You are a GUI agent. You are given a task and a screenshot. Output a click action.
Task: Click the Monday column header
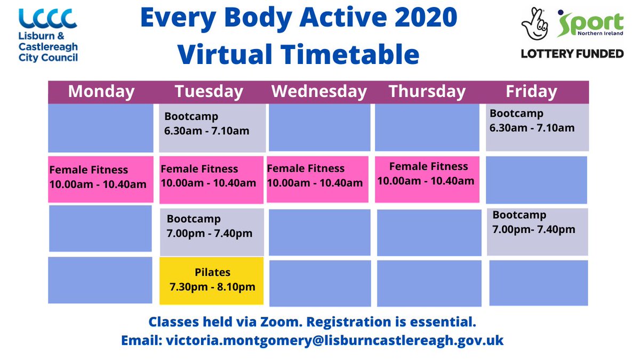(101, 91)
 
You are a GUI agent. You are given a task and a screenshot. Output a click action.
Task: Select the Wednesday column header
(319, 91)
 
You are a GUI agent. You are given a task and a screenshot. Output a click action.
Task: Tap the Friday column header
(531, 91)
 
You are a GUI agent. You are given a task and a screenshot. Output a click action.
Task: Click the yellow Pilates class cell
(212, 281)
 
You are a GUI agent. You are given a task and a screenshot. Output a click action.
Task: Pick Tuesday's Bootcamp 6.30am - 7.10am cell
(212, 128)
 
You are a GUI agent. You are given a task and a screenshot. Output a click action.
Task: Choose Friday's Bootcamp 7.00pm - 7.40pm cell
(537, 231)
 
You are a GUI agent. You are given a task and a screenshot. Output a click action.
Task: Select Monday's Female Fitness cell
(100, 179)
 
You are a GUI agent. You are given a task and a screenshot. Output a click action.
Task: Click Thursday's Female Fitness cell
(427, 179)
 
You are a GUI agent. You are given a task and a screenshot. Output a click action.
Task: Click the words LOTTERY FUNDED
(572, 53)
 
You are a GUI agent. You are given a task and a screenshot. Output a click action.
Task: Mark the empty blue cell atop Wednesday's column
(319, 128)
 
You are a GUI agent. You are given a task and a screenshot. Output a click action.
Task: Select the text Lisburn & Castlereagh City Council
(48, 47)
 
